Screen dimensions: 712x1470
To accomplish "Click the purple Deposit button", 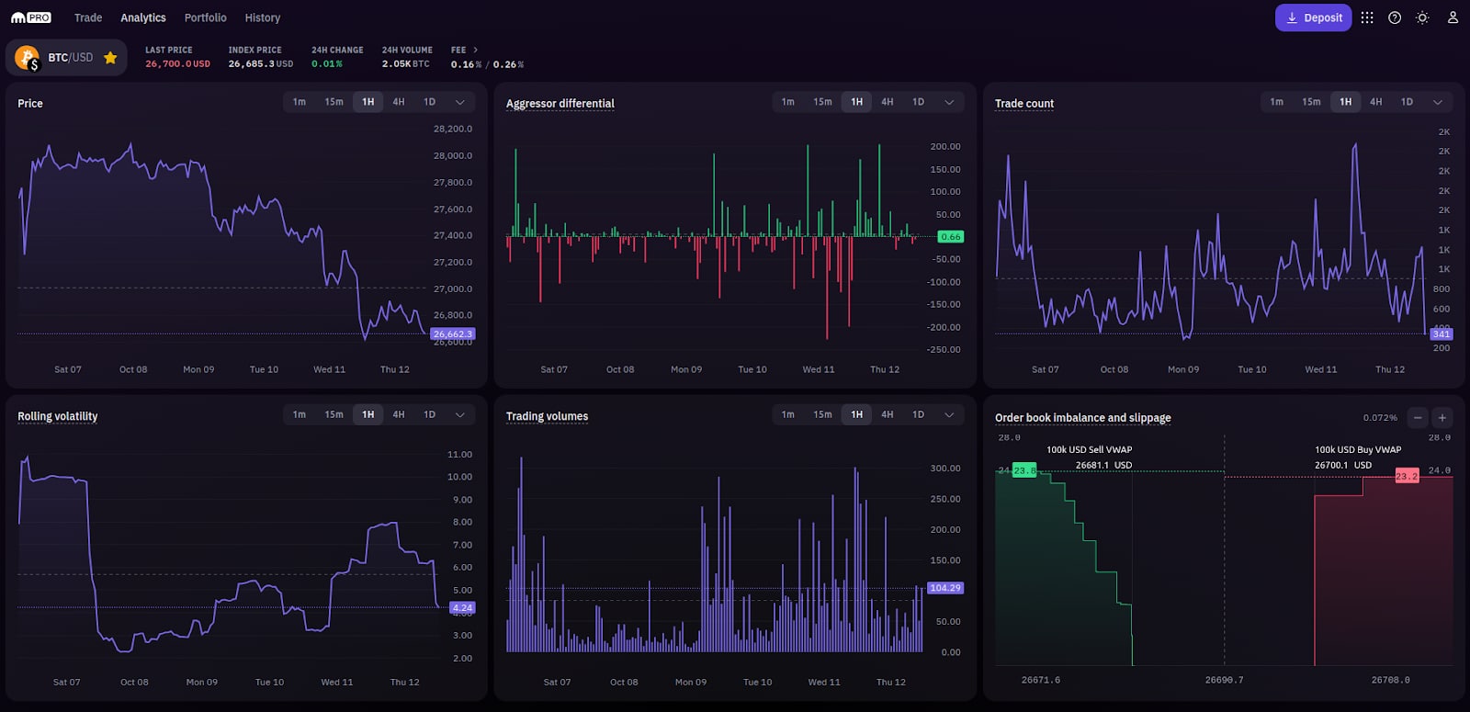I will point(1313,17).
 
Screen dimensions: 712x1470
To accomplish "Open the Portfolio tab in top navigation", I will point(205,17).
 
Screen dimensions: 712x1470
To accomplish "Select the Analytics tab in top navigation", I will point(143,17).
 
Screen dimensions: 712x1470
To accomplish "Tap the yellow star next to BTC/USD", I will point(110,58).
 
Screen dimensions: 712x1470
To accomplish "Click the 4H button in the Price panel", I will point(399,102).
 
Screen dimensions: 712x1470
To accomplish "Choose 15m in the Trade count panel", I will point(1311,102).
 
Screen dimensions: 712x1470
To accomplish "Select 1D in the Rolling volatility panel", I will point(429,414).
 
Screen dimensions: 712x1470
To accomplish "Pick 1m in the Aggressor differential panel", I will point(788,102).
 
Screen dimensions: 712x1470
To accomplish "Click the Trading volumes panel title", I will point(547,416).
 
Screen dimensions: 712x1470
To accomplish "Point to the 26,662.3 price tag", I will point(453,334).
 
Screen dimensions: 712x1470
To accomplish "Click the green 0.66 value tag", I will point(950,237).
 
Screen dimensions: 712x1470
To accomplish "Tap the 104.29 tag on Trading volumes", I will point(944,588).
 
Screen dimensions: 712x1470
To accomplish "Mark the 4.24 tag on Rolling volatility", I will point(462,608).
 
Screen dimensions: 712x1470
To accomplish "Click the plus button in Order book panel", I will point(1442,418).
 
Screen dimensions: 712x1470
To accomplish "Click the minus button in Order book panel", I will point(1418,418).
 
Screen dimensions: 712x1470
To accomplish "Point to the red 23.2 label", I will point(1407,476).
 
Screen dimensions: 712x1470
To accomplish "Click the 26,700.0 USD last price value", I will point(177,64).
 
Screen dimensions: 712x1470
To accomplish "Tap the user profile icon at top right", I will point(1453,17).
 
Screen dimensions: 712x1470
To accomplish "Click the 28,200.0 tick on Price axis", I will point(452,130).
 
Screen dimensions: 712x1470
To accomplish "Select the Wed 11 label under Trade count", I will point(1320,369).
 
